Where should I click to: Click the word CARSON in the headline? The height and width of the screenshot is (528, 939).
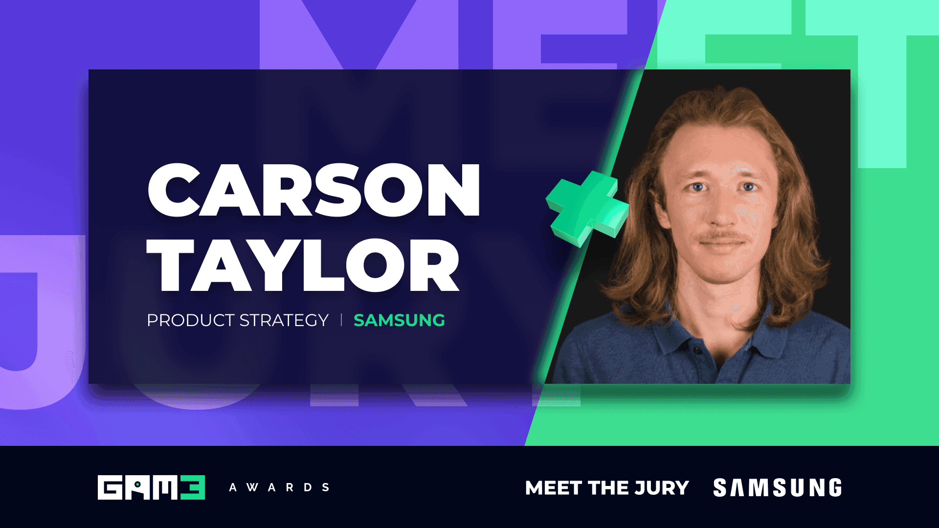point(313,191)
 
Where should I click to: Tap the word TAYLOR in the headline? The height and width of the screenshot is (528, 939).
point(303,266)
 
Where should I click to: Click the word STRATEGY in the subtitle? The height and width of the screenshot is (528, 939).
point(284,320)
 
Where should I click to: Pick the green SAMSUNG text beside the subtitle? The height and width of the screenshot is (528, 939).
point(399,320)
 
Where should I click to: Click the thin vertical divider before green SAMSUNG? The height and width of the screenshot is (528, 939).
point(341,320)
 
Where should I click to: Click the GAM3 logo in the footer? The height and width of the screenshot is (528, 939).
point(151,487)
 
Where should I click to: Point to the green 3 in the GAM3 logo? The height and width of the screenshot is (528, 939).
point(193,487)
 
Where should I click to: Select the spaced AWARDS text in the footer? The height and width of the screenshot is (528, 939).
point(279,487)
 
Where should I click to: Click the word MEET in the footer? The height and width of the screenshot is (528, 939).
point(553,488)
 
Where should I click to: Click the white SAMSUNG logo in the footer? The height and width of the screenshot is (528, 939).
point(778,488)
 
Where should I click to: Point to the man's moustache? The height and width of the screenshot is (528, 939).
point(723,238)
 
